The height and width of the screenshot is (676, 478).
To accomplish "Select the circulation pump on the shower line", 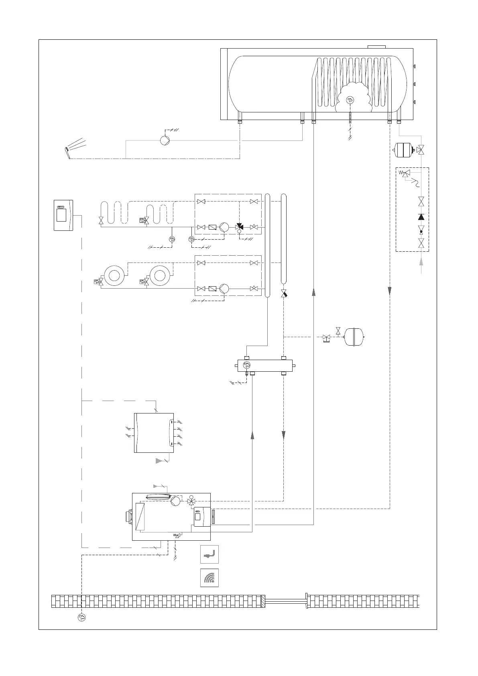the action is (165, 140).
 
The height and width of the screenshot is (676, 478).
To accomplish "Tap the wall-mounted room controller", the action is (63, 215).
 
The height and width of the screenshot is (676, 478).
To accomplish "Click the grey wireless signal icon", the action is (210, 578).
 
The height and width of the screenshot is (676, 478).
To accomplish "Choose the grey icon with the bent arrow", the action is (210, 554).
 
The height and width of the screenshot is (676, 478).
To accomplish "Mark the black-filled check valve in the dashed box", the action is (421, 217).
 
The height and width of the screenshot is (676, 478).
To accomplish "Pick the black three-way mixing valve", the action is (240, 227).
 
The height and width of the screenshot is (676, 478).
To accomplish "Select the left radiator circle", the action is (114, 275).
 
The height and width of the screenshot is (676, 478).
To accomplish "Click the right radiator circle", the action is (160, 275).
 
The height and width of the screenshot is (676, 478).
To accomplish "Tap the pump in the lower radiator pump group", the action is (224, 288).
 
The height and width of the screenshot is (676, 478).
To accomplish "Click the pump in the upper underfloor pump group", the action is (224, 227).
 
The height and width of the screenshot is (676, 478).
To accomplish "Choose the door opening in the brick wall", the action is (285, 601).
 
